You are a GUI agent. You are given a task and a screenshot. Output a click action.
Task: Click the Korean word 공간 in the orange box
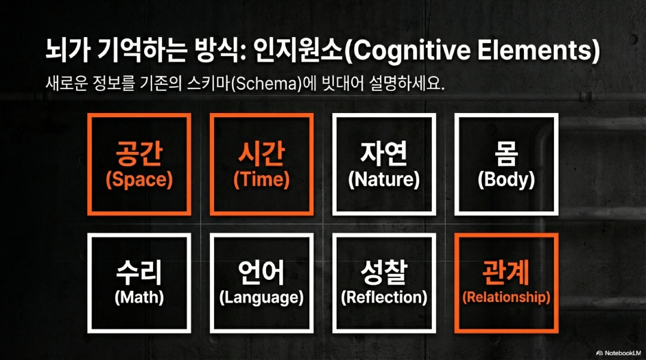139,154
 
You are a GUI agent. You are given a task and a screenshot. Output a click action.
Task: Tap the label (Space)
139,180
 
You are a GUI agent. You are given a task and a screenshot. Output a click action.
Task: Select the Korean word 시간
261,154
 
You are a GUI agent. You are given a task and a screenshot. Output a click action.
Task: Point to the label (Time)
261,180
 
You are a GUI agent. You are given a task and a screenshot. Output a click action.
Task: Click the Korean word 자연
383,154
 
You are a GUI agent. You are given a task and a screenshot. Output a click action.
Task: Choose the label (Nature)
383,179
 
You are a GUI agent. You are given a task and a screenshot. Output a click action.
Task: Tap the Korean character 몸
506,154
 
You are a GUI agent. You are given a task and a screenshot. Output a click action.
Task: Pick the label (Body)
506,179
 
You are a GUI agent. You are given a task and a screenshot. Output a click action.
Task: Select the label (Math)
139,297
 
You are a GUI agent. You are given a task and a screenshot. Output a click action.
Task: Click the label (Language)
261,297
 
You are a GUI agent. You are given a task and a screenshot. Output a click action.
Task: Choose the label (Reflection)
383,297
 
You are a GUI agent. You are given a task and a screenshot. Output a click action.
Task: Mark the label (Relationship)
506,297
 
